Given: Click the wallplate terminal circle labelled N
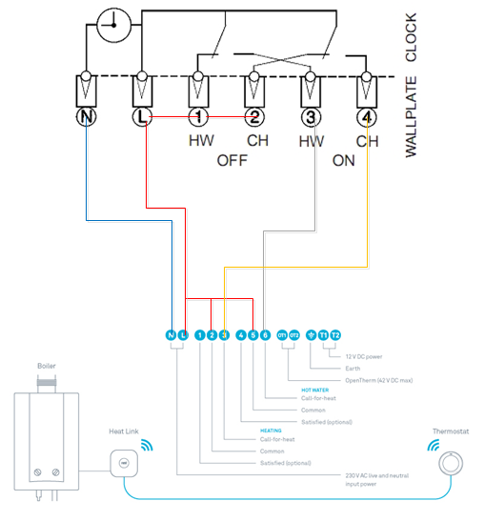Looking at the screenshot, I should tap(86, 117).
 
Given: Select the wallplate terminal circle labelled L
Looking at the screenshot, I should tap(142, 117).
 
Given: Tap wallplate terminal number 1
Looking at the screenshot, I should tap(197, 117).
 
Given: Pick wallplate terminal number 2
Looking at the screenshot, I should tap(253, 117).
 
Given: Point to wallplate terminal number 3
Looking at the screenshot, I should tap(311, 117).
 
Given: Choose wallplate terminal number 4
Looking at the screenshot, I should tap(367, 117).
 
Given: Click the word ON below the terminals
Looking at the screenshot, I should tap(344, 160).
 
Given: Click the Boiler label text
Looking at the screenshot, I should tap(47, 366).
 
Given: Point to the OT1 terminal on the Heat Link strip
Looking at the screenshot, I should tap(282, 335).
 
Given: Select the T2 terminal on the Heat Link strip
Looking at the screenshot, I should tap(335, 335).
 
